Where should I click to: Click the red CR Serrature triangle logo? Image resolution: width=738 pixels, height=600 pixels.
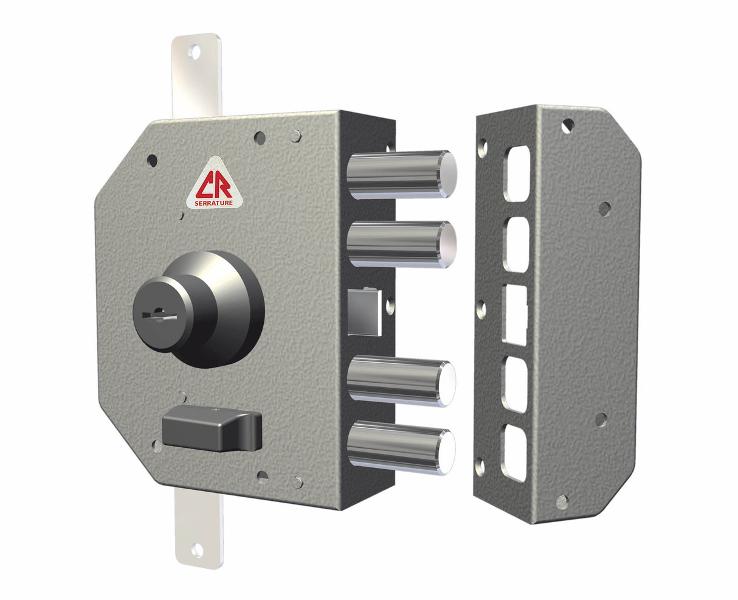[209, 183]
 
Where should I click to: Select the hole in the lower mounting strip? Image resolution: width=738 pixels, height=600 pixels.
[197, 551]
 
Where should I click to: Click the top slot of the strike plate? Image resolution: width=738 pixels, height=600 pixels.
[517, 173]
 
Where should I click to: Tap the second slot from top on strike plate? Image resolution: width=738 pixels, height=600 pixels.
[516, 245]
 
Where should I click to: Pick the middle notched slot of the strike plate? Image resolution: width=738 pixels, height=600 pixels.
[514, 314]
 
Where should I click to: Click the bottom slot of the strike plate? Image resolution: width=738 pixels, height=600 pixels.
[514, 453]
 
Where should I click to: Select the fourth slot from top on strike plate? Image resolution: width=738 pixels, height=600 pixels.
[514, 385]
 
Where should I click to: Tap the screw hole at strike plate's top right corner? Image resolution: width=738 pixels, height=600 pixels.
[567, 125]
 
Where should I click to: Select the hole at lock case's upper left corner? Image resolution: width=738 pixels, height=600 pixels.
[152, 161]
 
